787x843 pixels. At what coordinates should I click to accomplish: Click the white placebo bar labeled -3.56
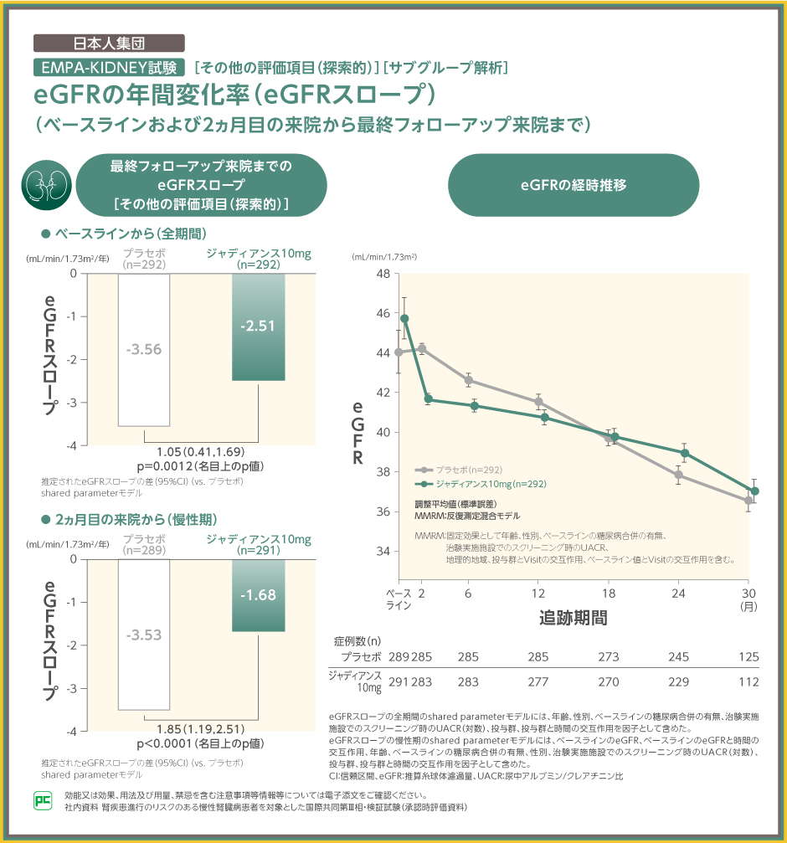(144, 350)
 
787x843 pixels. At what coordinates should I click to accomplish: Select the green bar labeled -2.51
(257, 326)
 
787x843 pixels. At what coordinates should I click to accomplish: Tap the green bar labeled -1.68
(257, 595)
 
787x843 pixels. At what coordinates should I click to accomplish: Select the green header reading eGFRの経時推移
(574, 185)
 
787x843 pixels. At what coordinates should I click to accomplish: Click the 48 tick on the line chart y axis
(383, 274)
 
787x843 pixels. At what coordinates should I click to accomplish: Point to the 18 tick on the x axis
(609, 594)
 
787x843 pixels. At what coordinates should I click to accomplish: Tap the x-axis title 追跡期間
(574, 619)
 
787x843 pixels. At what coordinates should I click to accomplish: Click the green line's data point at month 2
(428, 399)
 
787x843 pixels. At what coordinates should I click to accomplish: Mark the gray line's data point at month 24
(678, 475)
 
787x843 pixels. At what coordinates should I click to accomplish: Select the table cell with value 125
(748, 656)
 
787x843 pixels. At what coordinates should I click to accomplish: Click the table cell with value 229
(678, 681)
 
